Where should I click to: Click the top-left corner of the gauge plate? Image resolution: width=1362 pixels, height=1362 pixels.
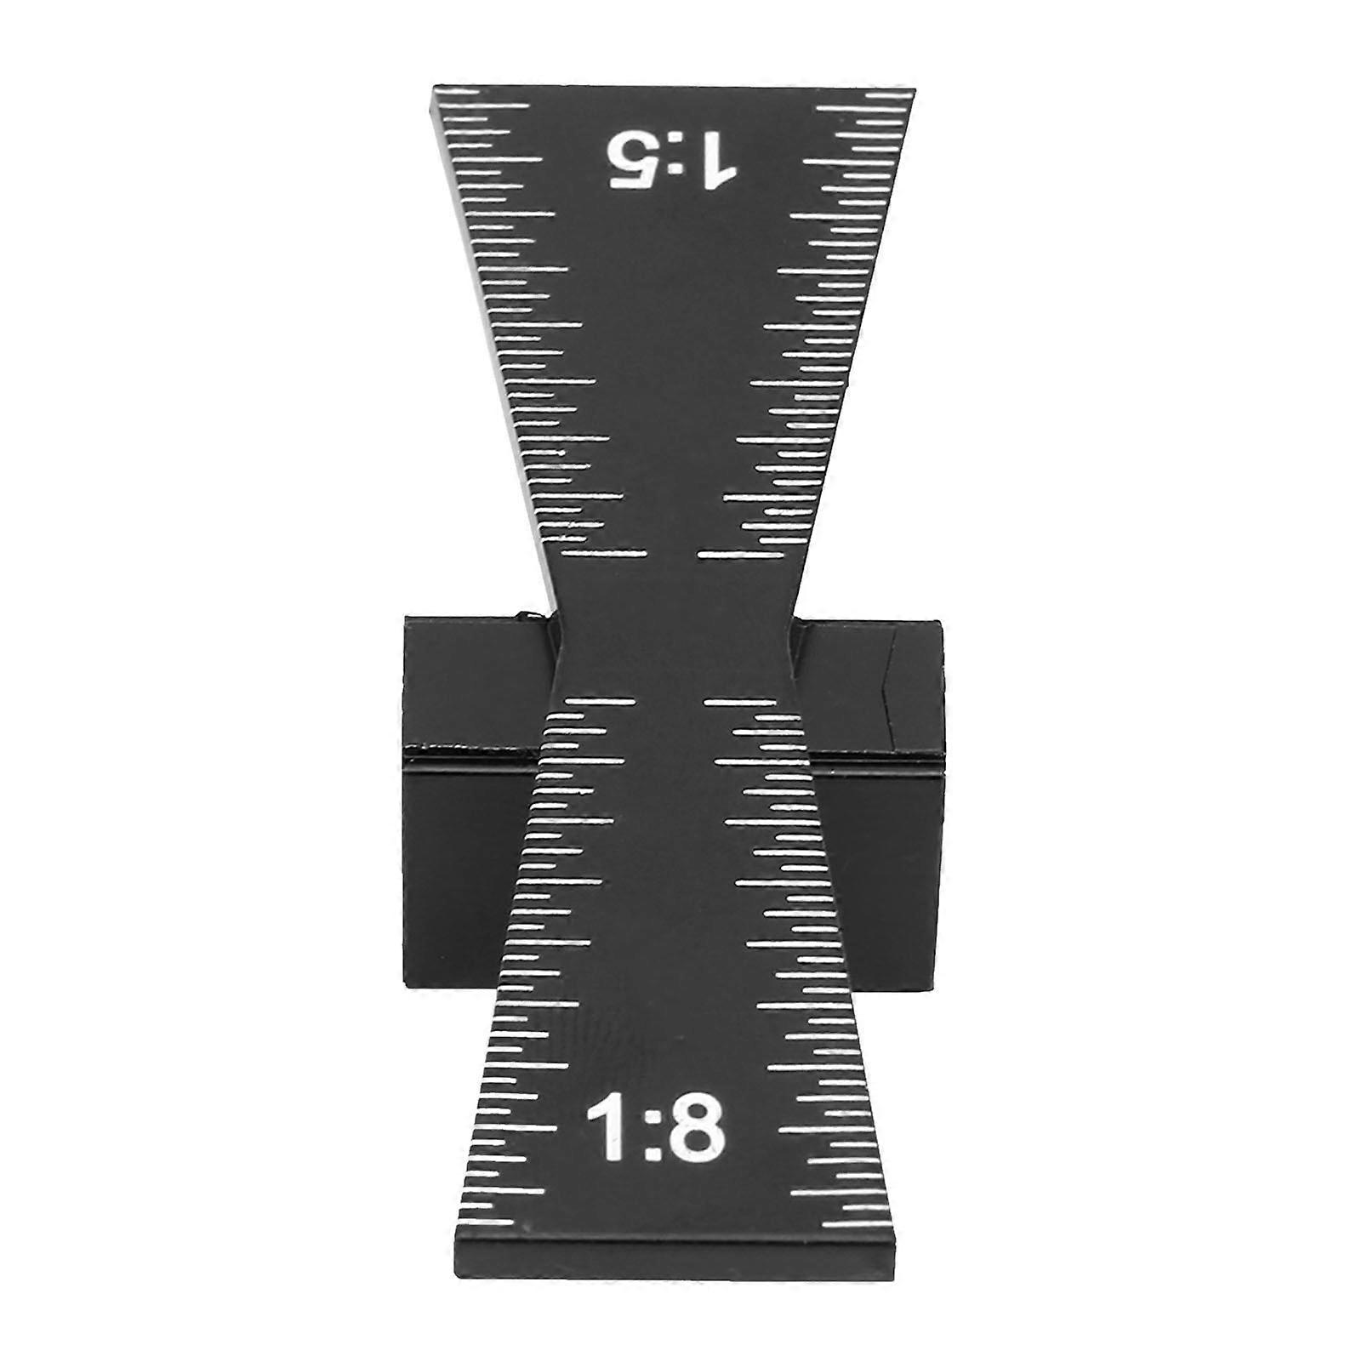point(436,88)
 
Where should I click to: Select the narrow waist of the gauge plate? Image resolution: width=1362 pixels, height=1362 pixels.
point(676,625)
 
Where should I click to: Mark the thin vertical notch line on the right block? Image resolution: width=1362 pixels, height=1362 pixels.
point(890,689)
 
